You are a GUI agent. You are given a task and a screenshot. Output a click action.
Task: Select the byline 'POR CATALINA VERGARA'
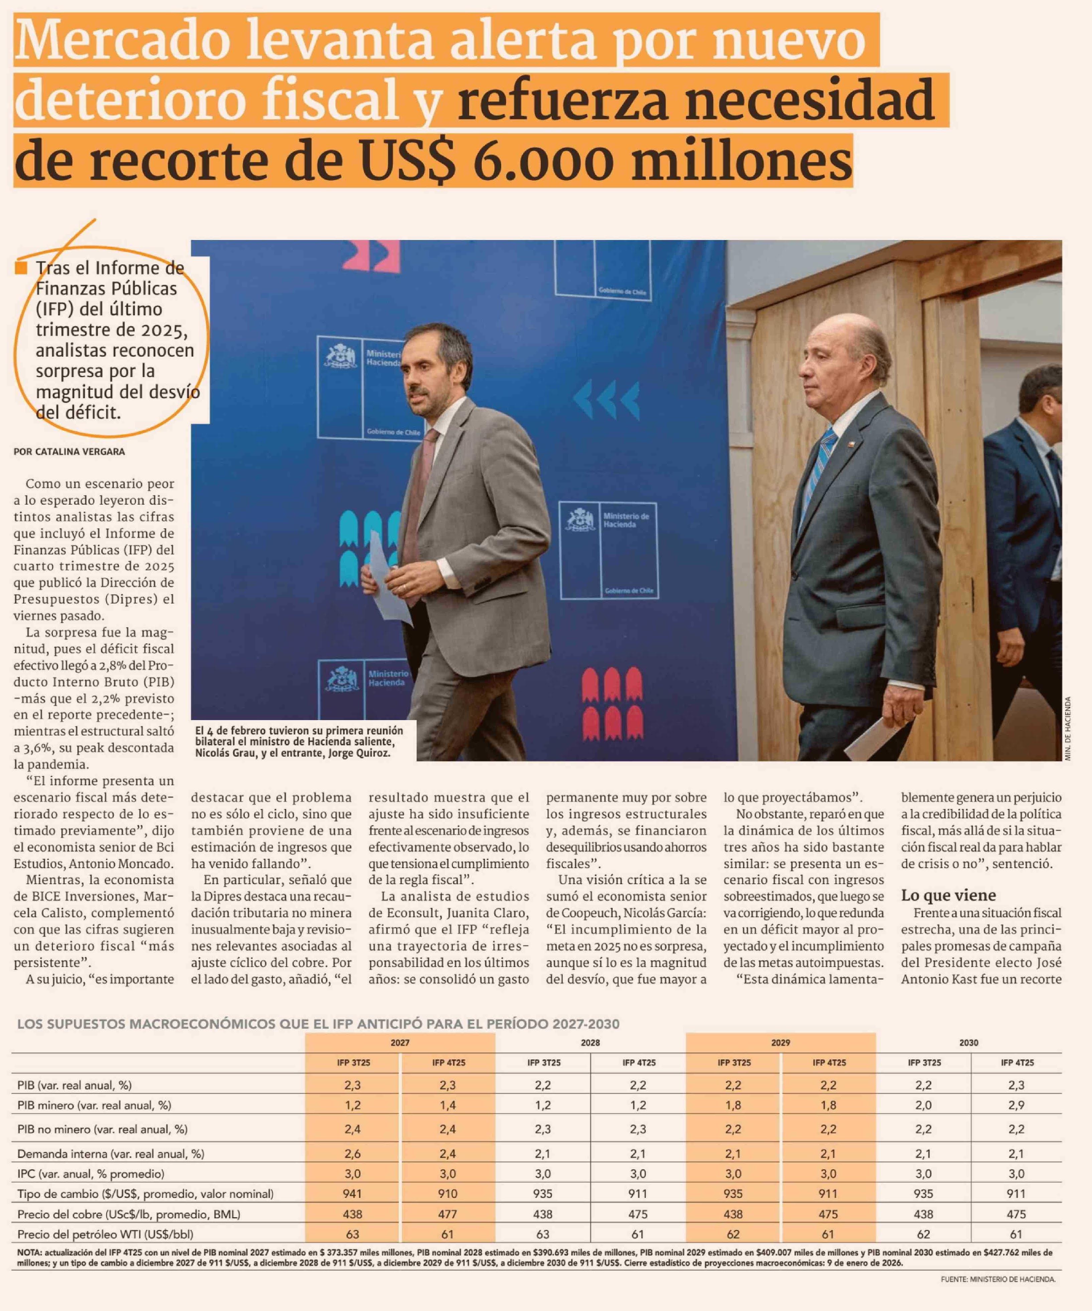pos(69,451)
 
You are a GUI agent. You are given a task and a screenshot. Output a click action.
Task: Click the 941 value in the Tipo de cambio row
pos(353,1194)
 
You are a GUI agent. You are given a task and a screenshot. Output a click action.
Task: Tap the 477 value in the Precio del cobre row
pos(448,1214)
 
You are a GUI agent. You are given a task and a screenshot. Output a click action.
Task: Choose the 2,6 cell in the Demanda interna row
pos(353,1154)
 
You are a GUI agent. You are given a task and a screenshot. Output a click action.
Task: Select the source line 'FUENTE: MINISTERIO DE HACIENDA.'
pos(997,1279)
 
